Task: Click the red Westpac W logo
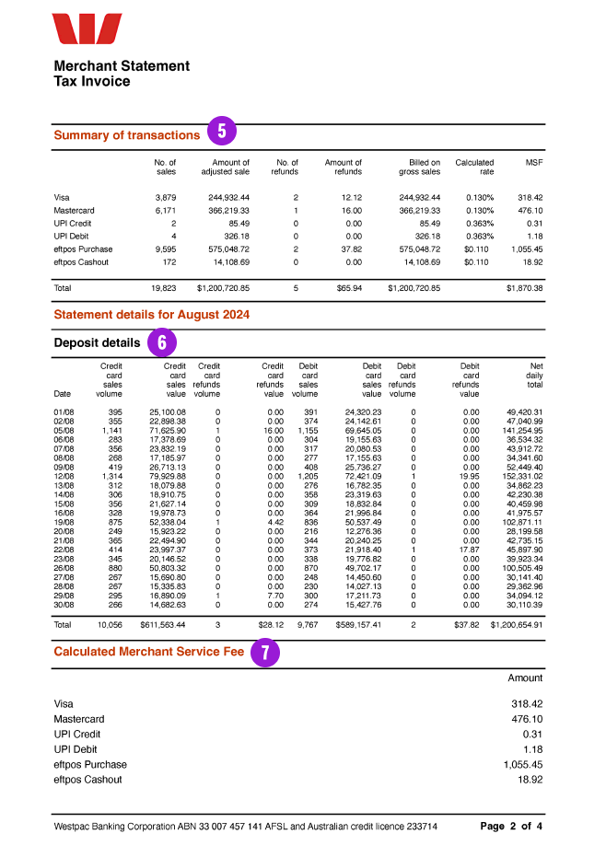coord(87,29)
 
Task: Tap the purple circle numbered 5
coord(222,132)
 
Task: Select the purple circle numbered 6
coord(162,342)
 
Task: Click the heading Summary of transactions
coord(127,135)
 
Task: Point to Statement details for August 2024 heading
coord(152,315)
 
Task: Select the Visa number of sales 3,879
coord(165,198)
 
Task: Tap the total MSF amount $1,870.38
coord(524,288)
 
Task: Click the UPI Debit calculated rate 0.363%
coord(478,237)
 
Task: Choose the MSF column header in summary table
coord(534,163)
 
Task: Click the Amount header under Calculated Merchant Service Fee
coord(526,677)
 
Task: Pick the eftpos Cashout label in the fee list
coord(88,780)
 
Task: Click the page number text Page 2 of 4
coord(511,827)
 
